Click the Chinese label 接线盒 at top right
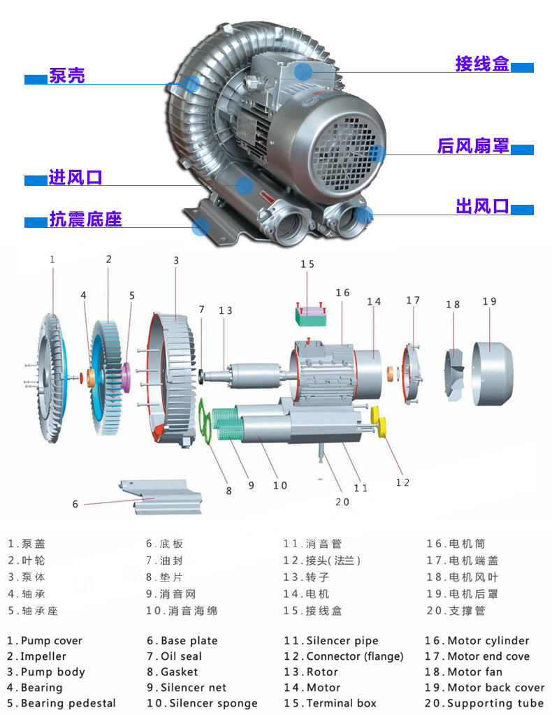click(x=482, y=64)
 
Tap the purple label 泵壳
click(x=67, y=76)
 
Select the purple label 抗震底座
click(x=85, y=219)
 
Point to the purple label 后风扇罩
click(x=473, y=146)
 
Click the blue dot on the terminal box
click(x=303, y=71)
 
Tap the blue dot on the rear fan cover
click(x=376, y=154)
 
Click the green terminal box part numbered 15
click(x=310, y=317)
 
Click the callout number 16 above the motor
click(x=342, y=293)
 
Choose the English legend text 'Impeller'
click(x=43, y=656)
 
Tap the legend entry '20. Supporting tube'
click(x=484, y=703)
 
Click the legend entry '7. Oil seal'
click(x=175, y=656)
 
